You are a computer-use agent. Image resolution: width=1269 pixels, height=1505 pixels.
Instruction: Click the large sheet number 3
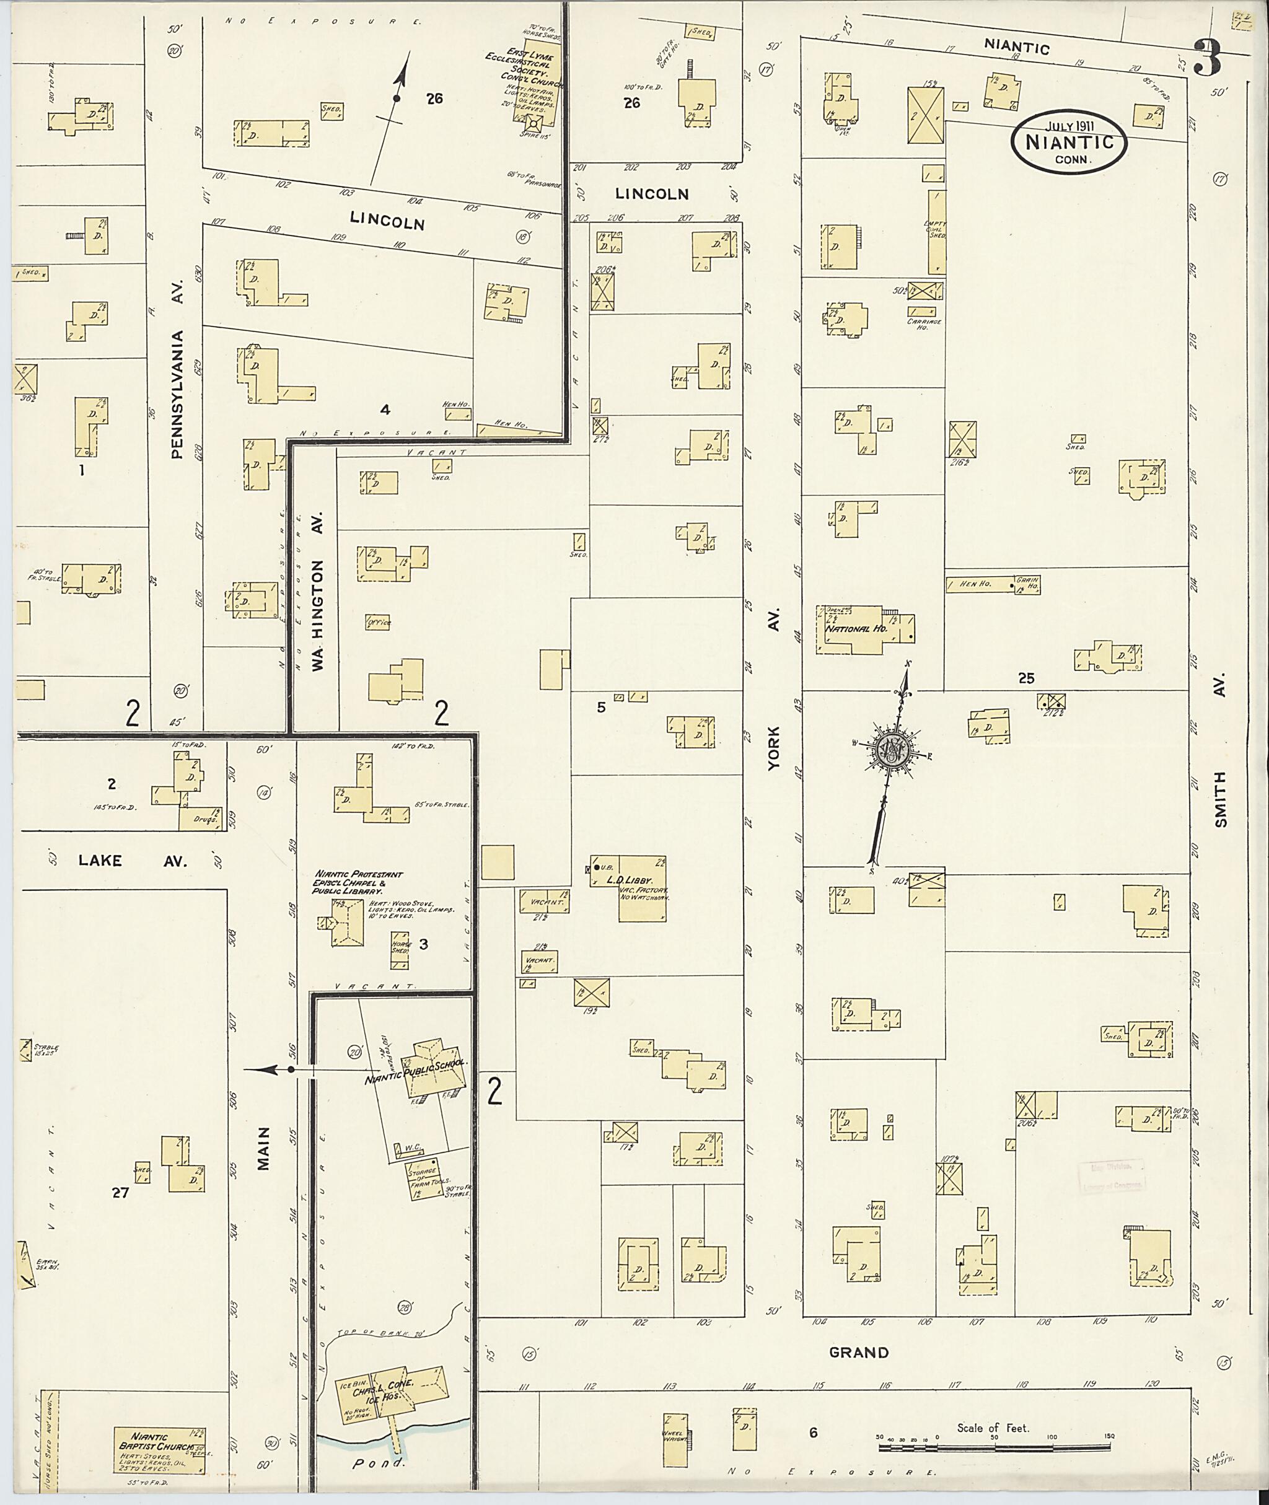pyautogui.click(x=1208, y=59)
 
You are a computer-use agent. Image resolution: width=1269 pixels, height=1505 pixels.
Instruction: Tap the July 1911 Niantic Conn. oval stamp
pyautogui.click(x=1068, y=141)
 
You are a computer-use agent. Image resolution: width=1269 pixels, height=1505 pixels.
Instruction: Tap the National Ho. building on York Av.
pyautogui.click(x=856, y=630)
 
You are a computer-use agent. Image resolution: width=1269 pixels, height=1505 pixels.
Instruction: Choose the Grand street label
pyautogui.click(x=859, y=1353)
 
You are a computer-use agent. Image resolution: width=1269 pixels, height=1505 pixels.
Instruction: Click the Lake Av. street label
pyautogui.click(x=133, y=861)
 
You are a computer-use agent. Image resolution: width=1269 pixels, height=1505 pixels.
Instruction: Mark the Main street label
pyautogui.click(x=263, y=1149)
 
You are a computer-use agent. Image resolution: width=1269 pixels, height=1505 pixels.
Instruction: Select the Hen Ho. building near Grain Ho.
pyautogui.click(x=978, y=584)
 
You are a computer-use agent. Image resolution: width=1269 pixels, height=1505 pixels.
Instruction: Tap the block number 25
pyautogui.click(x=1026, y=677)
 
